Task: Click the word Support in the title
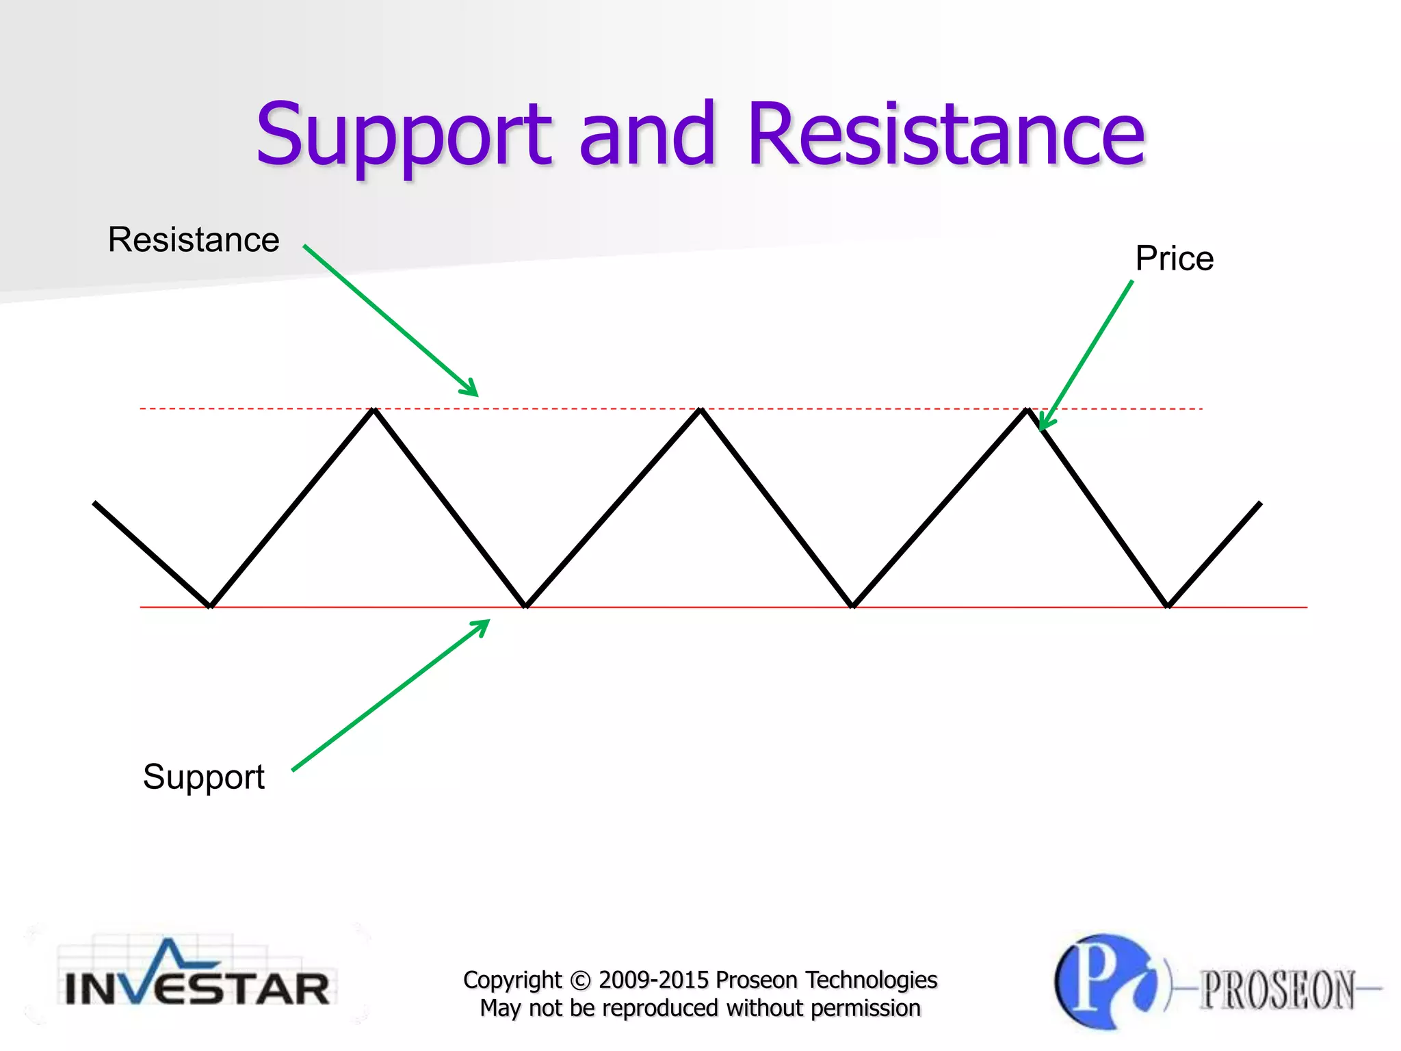[403, 135]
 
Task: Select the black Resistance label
[194, 240]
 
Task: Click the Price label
[1174, 259]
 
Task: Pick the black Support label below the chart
[203, 777]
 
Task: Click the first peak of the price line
[374, 411]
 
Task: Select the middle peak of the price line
[700, 411]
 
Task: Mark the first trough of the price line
[211, 605]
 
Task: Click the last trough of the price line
[1168, 605]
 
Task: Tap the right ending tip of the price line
[1259, 504]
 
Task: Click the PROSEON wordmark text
[1277, 989]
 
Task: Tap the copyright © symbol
[579, 981]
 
